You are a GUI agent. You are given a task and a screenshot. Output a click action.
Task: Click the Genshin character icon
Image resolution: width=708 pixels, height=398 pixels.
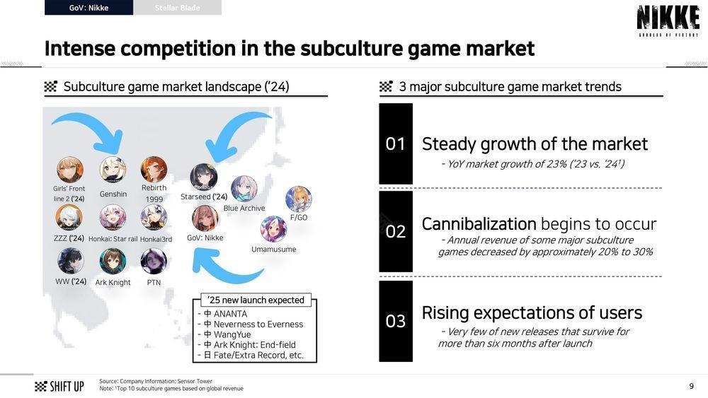113,170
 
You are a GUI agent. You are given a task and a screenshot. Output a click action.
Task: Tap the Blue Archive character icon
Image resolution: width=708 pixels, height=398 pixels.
244,189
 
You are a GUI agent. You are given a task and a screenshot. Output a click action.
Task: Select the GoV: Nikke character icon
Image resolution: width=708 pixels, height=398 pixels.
205,218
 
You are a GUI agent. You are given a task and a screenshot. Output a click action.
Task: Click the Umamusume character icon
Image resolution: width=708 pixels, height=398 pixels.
273,229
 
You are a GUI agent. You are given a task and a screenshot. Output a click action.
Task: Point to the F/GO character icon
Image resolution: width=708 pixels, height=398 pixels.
299,199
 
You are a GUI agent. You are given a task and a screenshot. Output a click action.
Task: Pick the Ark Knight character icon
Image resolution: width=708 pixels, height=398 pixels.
113,262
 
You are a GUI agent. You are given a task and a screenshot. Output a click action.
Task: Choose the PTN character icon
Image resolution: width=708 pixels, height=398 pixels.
154,262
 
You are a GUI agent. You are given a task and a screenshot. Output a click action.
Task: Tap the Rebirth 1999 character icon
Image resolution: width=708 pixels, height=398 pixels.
154,170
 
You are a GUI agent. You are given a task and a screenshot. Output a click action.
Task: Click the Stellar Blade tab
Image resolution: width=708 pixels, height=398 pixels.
178,8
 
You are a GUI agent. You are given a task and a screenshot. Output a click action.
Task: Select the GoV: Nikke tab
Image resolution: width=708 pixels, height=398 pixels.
89,8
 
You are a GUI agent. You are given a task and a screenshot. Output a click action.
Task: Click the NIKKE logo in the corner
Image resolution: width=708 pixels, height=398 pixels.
668,21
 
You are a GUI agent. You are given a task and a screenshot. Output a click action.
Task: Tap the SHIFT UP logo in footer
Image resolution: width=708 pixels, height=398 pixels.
59,386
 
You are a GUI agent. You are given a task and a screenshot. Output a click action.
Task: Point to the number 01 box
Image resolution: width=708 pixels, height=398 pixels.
396,144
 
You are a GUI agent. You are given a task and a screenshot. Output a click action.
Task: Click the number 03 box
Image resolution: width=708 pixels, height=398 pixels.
396,321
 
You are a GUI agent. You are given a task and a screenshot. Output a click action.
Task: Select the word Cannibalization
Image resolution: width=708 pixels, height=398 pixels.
479,224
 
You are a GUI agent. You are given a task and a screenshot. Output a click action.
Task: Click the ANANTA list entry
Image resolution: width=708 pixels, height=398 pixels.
225,314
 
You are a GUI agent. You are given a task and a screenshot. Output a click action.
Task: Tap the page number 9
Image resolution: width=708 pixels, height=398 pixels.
691,386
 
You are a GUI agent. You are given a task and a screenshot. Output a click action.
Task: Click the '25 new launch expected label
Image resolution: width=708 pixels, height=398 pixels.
256,300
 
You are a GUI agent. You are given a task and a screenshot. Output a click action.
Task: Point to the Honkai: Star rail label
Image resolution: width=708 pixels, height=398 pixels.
113,239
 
